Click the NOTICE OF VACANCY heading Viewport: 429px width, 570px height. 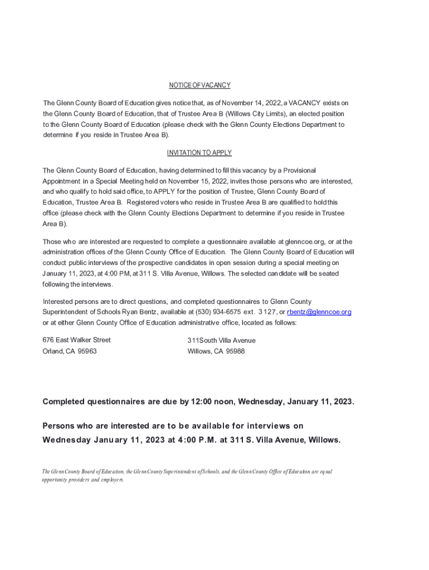pyautogui.click(x=199, y=85)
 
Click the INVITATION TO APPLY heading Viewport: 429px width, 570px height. pyautogui.click(x=199, y=153)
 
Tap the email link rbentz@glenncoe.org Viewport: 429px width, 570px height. pyautogui.click(x=319, y=312)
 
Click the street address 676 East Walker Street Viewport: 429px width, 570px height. pyautogui.click(x=77, y=340)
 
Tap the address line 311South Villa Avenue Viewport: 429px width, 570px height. pyautogui.click(x=222, y=340)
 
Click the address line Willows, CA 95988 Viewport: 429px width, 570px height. pyautogui.click(x=216, y=351)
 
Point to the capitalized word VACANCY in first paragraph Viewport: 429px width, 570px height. pyautogui.click(x=306, y=103)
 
